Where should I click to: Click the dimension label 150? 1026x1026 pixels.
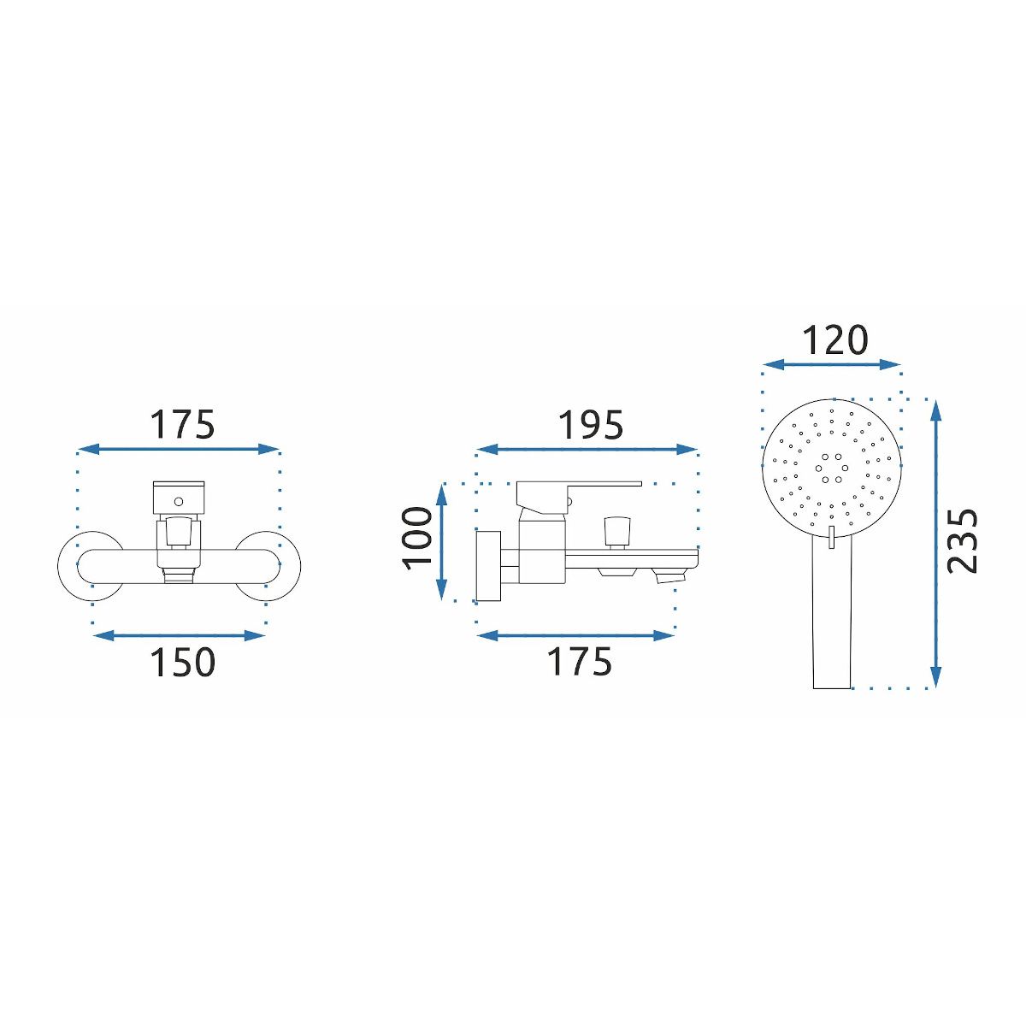[183, 663]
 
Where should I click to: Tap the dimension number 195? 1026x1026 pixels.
[591, 426]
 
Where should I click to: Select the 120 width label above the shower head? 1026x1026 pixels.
[834, 340]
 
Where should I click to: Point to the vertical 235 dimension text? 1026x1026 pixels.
[963, 541]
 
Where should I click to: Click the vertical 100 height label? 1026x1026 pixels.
[418, 539]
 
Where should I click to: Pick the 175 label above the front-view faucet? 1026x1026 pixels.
[182, 424]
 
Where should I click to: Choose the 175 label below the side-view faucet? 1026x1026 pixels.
[580, 662]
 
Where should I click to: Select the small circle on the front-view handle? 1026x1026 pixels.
[179, 501]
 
